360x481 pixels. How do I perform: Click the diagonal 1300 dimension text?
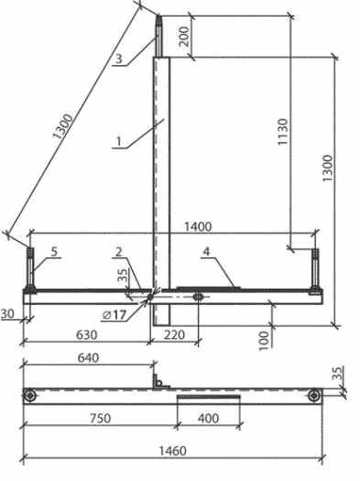click(63, 126)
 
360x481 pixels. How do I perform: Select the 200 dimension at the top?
click(184, 37)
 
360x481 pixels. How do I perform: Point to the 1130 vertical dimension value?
click(283, 132)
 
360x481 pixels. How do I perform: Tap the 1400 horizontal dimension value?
click(198, 227)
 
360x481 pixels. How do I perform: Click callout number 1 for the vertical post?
click(119, 142)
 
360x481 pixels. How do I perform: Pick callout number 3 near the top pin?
click(119, 59)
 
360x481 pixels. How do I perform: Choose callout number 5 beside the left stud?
click(54, 252)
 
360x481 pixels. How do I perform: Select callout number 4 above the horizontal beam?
click(206, 252)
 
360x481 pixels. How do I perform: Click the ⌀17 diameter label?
click(115, 315)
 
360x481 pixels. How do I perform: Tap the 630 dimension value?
click(86, 334)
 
